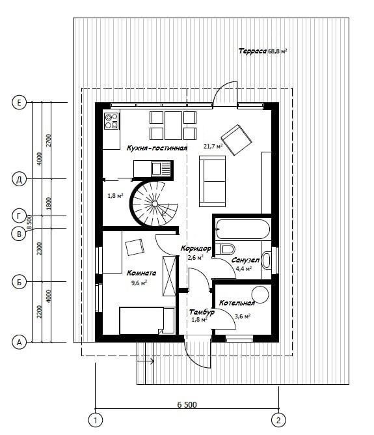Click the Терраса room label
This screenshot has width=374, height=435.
point(252,51)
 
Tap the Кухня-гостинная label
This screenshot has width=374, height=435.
point(157,148)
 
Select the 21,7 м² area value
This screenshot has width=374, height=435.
point(213,146)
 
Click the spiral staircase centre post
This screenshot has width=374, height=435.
point(155,204)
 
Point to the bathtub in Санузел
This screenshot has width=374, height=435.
point(243,229)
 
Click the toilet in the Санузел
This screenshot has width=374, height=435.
point(225,249)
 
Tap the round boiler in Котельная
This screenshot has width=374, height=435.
point(260,294)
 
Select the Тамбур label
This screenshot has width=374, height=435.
point(202,312)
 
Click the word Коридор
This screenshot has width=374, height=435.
point(196,248)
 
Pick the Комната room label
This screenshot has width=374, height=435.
point(141,273)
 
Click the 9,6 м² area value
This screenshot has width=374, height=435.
point(139,283)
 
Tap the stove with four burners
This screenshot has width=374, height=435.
point(111,121)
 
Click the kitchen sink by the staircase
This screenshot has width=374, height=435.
point(160,169)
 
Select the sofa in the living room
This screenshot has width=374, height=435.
point(212,181)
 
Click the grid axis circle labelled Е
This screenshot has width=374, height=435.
point(19,103)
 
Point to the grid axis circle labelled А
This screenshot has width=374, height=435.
point(19,343)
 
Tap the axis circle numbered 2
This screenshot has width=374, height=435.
point(278,420)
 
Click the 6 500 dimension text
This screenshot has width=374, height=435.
point(187,405)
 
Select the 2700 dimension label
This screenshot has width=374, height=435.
point(49,141)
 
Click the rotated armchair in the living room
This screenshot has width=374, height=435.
point(237,140)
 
